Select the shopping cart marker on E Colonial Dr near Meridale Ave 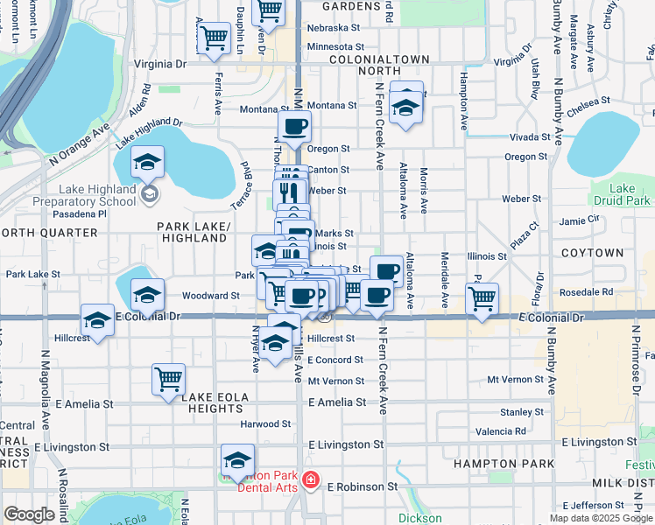click(482, 298)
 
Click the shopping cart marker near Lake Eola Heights click(168, 379)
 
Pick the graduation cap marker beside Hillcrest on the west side click(98, 319)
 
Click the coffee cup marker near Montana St click(295, 126)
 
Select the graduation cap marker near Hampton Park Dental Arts click(237, 459)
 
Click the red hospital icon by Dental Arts click(311, 480)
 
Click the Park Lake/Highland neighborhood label click(194, 232)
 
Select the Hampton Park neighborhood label click(504, 463)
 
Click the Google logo click(30, 514)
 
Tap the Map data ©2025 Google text click(601, 518)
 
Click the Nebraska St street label click(334, 28)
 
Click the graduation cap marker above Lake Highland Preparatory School click(148, 161)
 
